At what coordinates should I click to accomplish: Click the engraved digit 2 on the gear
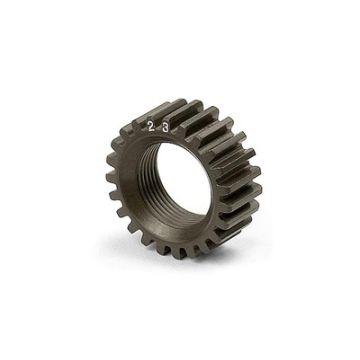[150, 127]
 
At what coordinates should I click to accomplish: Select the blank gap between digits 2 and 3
[158, 127]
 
